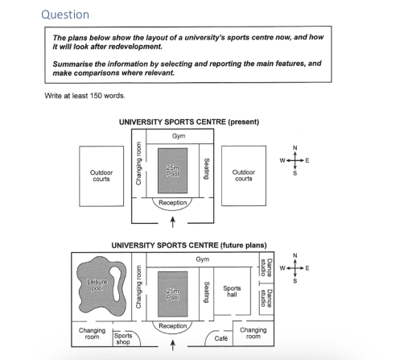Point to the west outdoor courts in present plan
click(x=101, y=175)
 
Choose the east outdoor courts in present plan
click(x=243, y=175)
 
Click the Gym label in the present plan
click(x=178, y=136)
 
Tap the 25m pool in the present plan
click(x=173, y=169)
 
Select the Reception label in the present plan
click(x=172, y=203)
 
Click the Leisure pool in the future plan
click(x=97, y=283)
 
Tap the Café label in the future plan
click(x=221, y=339)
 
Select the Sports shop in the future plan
click(x=123, y=338)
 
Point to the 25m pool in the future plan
click(x=173, y=292)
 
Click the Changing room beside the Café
click(x=253, y=333)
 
